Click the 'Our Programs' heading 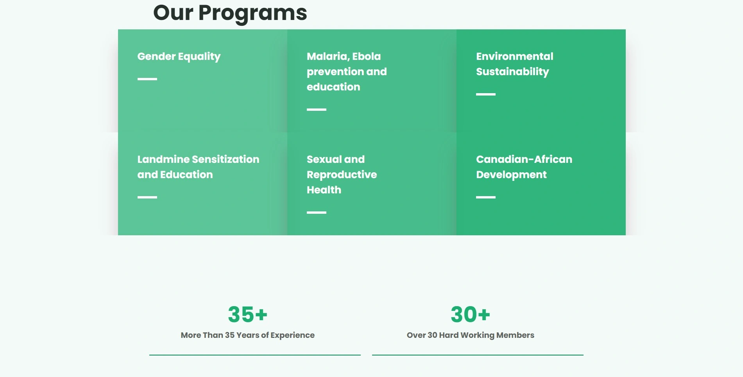pos(230,13)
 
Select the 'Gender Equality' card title pos(179,57)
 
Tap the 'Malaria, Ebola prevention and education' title pos(347,72)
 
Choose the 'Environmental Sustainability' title pos(515,64)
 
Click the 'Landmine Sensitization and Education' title pos(198,167)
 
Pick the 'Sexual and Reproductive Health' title pos(342,175)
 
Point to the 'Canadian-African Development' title pos(524,167)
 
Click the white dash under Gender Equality pos(147,79)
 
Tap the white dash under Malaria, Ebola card pos(317,110)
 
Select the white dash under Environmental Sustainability pos(486,94)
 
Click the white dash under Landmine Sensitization pos(147,197)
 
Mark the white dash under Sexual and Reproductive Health pos(317,213)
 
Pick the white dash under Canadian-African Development pos(486,197)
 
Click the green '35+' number pos(248,315)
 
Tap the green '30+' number pos(471,315)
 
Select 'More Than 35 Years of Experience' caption pos(248,335)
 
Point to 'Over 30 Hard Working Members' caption pos(471,335)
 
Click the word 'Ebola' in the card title pos(366,56)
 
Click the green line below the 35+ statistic pos(255,355)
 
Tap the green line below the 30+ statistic pos(478,355)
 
